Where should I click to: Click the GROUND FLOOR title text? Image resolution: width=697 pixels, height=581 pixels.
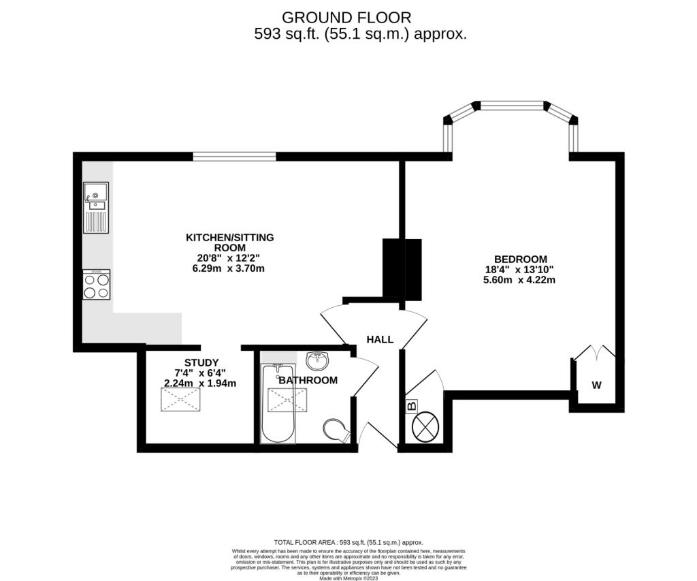346,17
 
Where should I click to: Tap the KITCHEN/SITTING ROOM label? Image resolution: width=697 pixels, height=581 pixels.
229,242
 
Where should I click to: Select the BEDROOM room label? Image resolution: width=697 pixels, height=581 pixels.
520,259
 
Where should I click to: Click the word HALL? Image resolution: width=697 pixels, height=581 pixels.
380,339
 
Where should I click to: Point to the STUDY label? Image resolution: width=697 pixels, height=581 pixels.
201,362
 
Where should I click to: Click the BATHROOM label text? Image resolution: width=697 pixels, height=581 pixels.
308,380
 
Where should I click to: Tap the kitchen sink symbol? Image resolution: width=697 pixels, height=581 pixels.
96,195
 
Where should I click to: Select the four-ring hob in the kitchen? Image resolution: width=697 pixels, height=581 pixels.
96,285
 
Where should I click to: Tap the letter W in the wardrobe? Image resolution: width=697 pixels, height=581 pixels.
596,386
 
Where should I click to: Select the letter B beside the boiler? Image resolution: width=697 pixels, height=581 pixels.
411,407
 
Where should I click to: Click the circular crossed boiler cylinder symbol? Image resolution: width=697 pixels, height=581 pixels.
426,427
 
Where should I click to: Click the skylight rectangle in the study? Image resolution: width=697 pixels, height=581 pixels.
181,399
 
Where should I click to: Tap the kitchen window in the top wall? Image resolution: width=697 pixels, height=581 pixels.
234,157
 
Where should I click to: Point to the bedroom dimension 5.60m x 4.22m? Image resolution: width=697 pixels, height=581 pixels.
520,279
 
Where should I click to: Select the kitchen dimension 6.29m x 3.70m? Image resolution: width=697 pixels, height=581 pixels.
229,268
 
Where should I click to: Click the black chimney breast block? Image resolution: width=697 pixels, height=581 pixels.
402,270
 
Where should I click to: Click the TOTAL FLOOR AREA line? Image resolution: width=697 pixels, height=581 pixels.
348,541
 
